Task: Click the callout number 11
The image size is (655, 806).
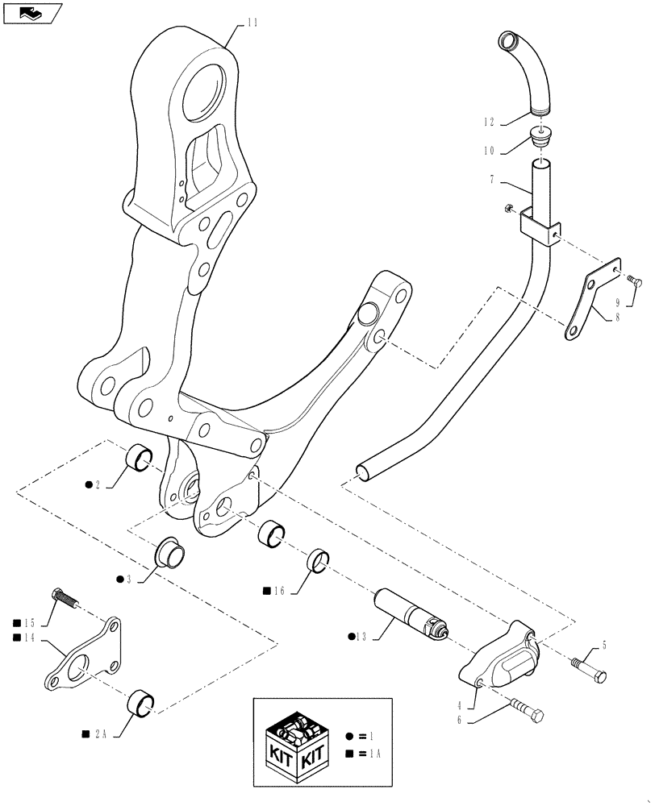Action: coord(252,23)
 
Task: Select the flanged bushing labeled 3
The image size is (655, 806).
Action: coord(170,552)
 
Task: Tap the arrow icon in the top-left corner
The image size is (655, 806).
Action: coord(31,12)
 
